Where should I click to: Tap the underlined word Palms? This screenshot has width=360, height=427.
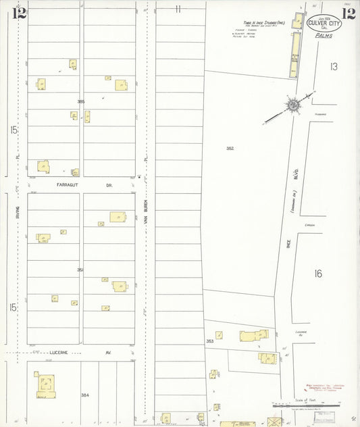(324, 39)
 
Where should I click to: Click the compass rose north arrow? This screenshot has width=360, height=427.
(293, 105)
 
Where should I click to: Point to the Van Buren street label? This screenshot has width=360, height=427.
(145, 216)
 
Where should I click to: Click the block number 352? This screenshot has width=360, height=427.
(230, 148)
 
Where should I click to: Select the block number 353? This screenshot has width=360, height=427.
(209, 342)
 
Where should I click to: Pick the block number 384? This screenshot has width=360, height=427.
(84, 395)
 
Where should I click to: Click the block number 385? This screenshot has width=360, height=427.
(81, 101)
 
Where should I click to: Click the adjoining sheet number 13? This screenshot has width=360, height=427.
(333, 66)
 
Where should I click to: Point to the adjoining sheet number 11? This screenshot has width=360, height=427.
(178, 9)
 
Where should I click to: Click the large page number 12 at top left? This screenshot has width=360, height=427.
(19, 14)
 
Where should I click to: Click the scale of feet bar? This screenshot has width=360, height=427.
(297, 405)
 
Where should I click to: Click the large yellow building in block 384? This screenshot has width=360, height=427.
(46, 386)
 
